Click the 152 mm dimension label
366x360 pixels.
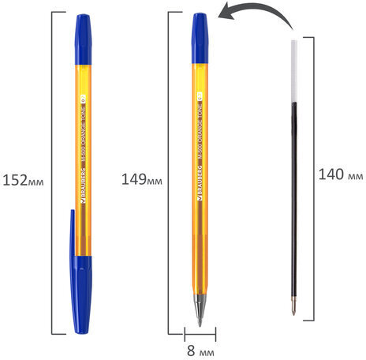coord(23,181)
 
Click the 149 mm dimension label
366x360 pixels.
coord(142,179)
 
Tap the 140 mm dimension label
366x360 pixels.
coord(341,174)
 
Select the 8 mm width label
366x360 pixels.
coord(200,351)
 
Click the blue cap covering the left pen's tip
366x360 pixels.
coord(81,294)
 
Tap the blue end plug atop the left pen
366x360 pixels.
coord(83,39)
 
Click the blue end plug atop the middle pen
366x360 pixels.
coord(200,39)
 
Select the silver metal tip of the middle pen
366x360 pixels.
coord(200,310)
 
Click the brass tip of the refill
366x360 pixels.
coord(293,306)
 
